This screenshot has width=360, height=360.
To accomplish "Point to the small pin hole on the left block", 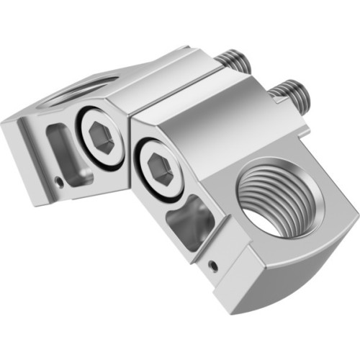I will point(60,181).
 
